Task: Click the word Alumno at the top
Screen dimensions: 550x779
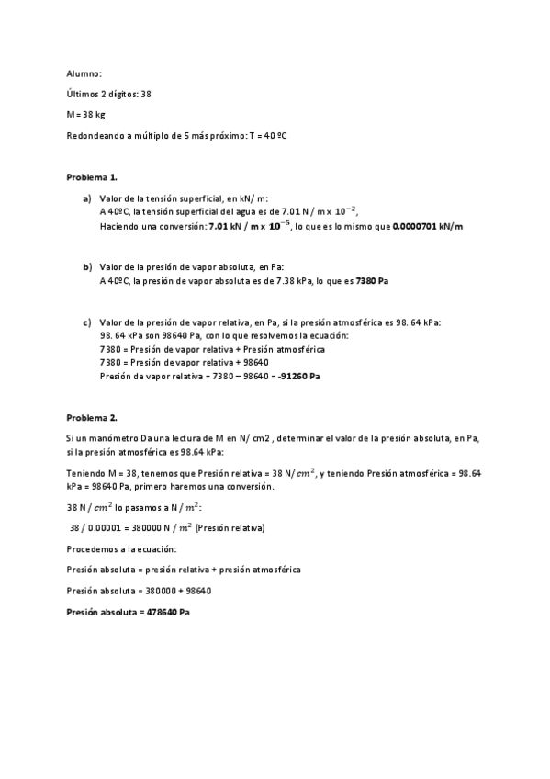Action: (84, 73)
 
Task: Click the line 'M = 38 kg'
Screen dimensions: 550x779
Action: (85, 115)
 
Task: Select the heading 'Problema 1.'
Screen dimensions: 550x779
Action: (92, 176)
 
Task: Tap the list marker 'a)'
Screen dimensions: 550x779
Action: (86, 198)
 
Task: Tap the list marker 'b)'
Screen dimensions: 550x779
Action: (86, 266)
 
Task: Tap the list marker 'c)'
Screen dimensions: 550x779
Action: (86, 322)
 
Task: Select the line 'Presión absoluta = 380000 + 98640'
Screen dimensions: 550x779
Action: (142, 591)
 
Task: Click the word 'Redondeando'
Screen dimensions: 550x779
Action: (93, 136)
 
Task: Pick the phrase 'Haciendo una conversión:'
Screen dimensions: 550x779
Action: (152, 225)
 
